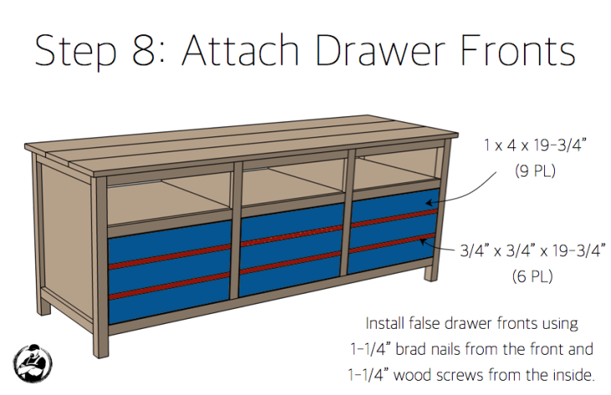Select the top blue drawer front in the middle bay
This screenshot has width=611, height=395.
(x=292, y=224)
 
